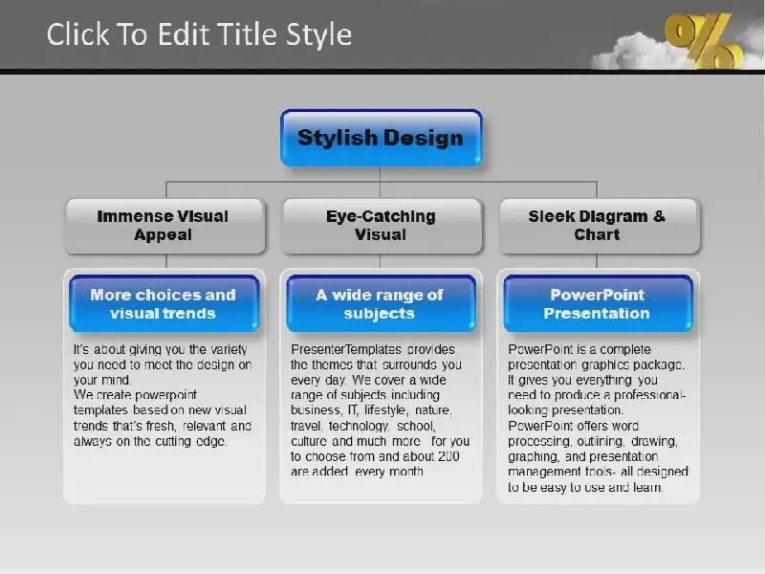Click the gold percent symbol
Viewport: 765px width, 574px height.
point(703,40)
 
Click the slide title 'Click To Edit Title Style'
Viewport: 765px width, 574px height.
point(199,34)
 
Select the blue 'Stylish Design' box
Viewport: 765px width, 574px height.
point(381,138)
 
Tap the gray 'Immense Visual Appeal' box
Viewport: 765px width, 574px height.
point(164,226)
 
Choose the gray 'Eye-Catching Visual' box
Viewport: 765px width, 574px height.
point(381,226)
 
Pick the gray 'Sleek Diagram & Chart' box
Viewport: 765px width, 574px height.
point(600,226)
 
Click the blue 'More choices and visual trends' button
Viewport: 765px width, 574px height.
point(164,303)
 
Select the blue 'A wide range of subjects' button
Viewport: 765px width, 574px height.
point(381,303)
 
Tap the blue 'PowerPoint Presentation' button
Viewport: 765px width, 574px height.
point(599,303)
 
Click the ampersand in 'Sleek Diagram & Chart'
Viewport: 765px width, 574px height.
point(659,216)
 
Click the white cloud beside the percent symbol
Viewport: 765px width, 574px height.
point(629,52)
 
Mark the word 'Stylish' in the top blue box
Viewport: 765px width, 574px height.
point(338,138)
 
